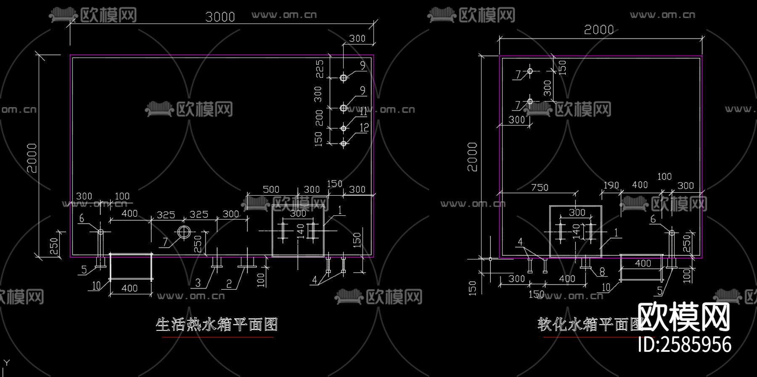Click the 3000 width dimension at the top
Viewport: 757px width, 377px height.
220,17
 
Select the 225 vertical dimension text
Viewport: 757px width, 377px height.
320,69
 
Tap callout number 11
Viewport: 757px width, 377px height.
363,112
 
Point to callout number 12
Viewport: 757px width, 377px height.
364,127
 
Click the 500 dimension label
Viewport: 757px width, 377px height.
271,189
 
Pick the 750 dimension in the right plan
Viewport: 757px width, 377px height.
540,187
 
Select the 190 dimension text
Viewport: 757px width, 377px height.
611,185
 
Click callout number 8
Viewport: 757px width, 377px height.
602,272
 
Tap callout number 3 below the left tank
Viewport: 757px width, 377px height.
198,283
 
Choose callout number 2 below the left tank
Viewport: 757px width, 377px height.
229,284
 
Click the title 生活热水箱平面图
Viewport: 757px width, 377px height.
217,325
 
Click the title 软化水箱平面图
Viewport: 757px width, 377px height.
589,325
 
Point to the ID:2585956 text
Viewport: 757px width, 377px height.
685,344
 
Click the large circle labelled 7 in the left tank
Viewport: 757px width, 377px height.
184,232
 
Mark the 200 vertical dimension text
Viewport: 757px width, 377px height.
319,118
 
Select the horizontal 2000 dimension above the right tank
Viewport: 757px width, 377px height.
599,30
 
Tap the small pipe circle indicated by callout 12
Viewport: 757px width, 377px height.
344,144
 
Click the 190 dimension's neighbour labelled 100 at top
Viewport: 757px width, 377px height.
664,176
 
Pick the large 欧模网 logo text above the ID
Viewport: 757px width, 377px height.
684,317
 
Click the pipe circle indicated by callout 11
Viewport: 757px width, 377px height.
344,128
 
